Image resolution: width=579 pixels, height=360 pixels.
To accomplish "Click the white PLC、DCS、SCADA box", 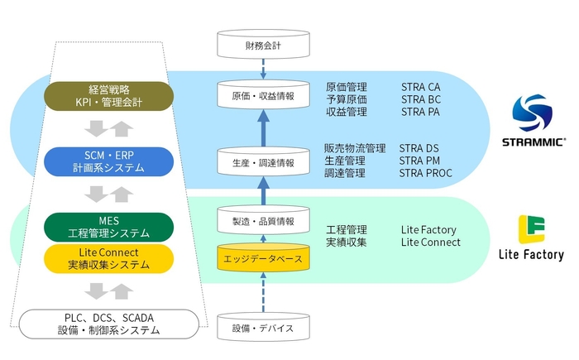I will [x=108, y=324].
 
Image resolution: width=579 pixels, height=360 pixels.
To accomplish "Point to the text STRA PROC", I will [x=426, y=173].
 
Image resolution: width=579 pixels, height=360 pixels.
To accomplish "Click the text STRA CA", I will [x=421, y=87].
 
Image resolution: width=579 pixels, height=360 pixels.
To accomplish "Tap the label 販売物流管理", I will [x=355, y=148].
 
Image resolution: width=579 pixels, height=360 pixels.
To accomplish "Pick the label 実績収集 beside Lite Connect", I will [x=347, y=242].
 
